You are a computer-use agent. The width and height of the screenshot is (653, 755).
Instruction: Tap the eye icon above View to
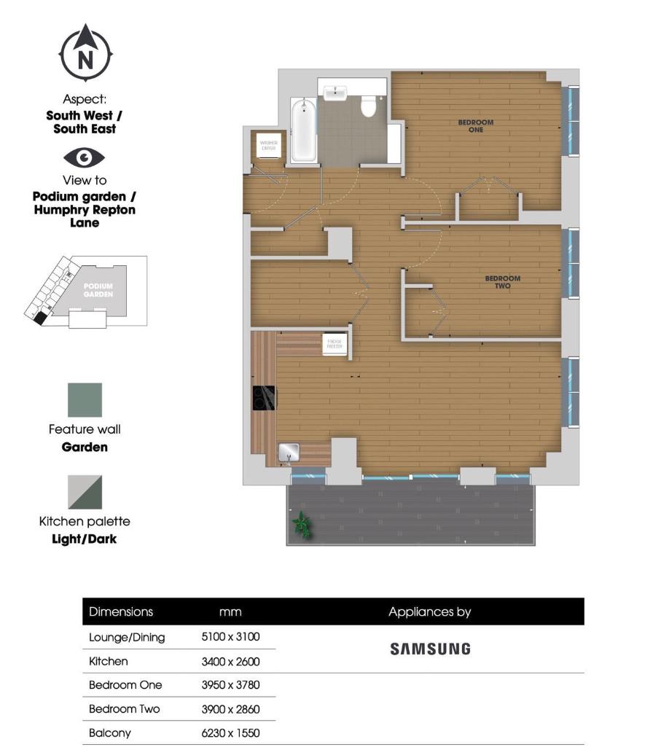[85, 157]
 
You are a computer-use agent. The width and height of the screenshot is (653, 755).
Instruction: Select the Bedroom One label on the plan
[475, 125]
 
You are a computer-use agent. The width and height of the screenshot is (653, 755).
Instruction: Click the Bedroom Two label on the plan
[503, 282]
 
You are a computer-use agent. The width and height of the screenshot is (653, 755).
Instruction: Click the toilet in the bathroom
[369, 107]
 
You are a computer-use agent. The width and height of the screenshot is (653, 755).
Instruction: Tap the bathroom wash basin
[336, 93]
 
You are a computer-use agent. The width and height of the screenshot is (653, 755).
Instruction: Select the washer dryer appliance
[268, 145]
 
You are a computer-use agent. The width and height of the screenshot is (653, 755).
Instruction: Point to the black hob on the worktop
[264, 398]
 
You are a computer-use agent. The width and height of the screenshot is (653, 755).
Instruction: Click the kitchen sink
[289, 452]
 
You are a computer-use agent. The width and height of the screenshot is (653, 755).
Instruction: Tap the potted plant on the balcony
[302, 525]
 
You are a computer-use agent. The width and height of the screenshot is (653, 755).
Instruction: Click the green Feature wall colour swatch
[85, 400]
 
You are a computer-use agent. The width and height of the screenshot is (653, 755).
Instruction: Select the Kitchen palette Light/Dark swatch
[85, 492]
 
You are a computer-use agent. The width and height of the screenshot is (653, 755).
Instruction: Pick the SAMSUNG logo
[430, 649]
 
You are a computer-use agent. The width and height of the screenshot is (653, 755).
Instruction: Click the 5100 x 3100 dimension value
[230, 637]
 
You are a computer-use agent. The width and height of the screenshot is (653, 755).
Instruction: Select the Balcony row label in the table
[109, 732]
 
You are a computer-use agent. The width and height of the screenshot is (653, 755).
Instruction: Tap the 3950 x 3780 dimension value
[230, 685]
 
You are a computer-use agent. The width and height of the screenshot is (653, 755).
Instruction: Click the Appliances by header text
[430, 612]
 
